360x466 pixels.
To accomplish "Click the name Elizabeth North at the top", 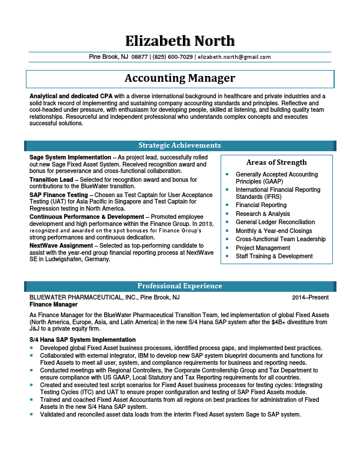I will pyautogui.click(x=180, y=41).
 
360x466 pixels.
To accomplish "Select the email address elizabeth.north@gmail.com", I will pyautogui.click(x=234, y=57).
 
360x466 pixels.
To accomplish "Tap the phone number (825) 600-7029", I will pyautogui.click(x=172, y=57).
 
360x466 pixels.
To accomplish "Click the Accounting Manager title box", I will pyautogui.click(x=180, y=78).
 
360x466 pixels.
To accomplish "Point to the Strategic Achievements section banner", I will pyautogui.click(x=180, y=145).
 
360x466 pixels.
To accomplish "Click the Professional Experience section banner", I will pyautogui.click(x=180, y=286).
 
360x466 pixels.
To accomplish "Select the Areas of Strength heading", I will pyautogui.click(x=276, y=162).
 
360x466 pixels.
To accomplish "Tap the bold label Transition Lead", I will pyautogui.click(x=51, y=179).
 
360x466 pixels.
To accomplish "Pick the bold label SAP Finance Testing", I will pyautogui.click(x=59, y=195).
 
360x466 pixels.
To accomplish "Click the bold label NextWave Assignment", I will pyautogui.click(x=61, y=245).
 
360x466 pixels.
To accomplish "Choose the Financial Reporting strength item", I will pyautogui.click(x=261, y=205).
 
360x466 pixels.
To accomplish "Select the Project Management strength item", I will pyautogui.click(x=263, y=248).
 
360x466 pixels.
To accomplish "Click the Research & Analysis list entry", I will pyautogui.click(x=263, y=214).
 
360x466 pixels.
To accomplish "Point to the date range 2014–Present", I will pyautogui.click(x=311, y=298).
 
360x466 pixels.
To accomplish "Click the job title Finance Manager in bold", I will pyautogui.click(x=54, y=305).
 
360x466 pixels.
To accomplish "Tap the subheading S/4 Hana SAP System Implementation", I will pyautogui.click(x=82, y=340).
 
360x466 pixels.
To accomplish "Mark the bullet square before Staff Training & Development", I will pyautogui.click(x=227, y=257).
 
